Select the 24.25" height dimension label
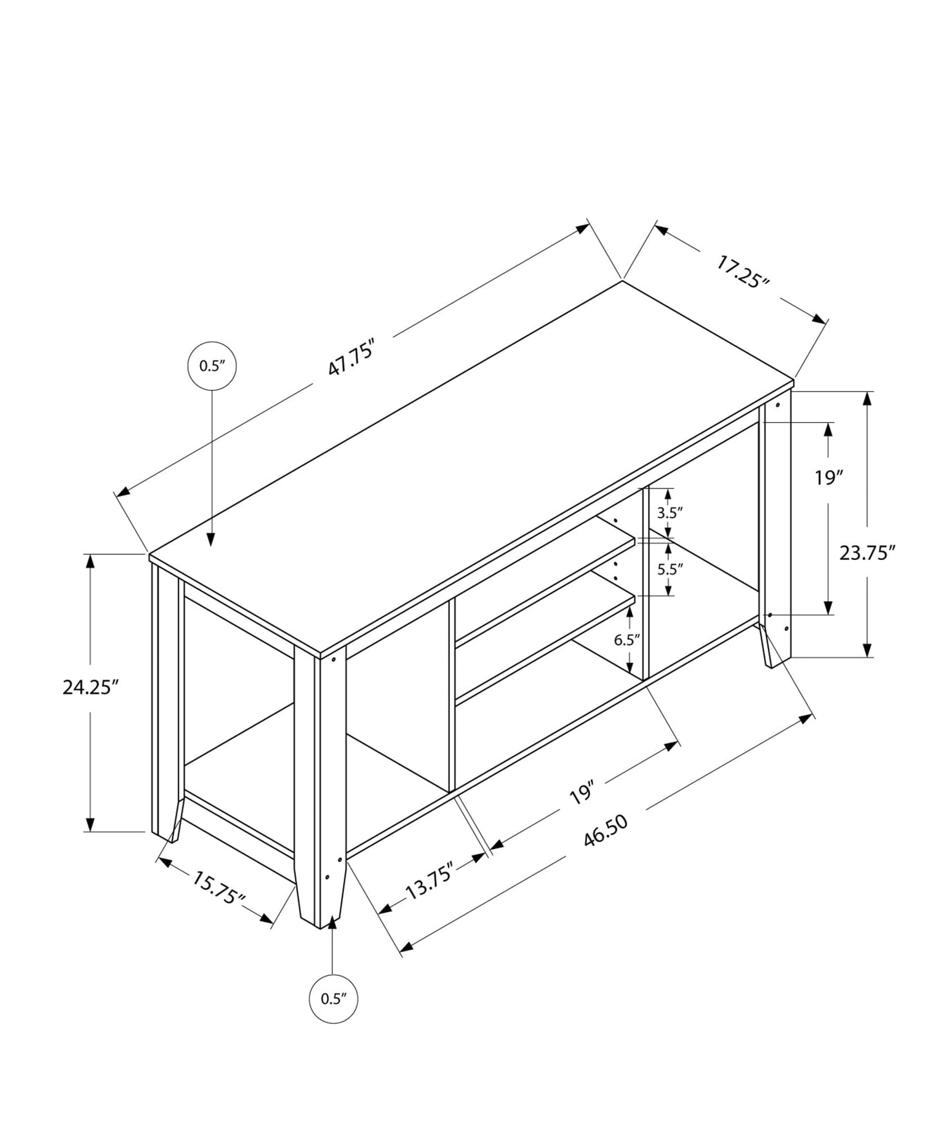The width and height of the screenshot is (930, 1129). point(91,687)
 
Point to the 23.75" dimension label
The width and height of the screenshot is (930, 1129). point(867,552)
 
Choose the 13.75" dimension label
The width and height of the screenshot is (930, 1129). point(430,881)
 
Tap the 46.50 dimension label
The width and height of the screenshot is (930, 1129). point(605,831)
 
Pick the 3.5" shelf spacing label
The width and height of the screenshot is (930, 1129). point(669,513)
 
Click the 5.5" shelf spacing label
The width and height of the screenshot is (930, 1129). point(669,569)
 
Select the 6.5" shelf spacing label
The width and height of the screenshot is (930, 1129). point(627,639)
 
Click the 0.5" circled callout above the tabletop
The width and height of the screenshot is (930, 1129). point(212,366)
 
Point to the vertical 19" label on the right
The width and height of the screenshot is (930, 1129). point(828,478)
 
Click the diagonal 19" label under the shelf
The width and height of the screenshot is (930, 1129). point(581,792)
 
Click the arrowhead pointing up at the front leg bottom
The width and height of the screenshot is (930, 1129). point(332,922)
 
